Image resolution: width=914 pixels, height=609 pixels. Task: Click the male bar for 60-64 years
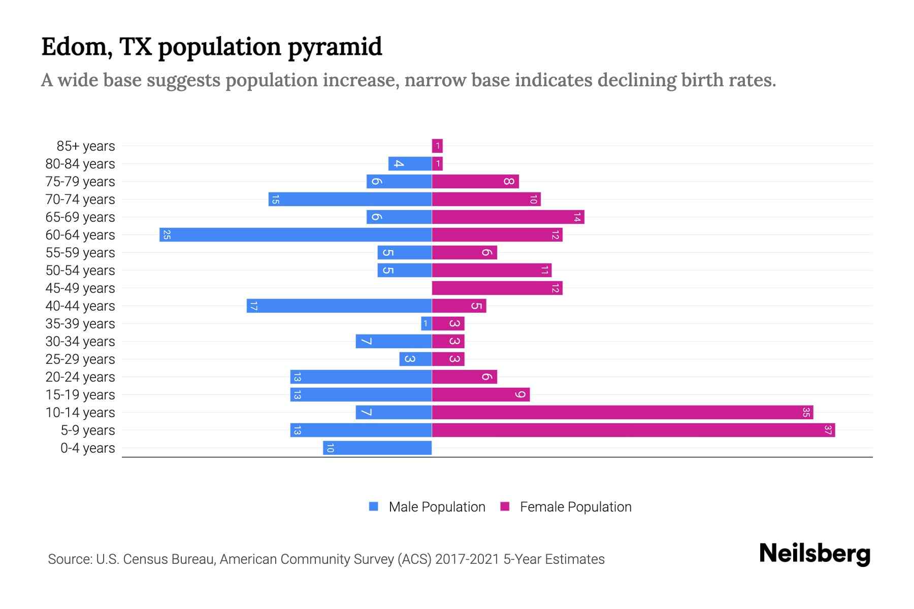coord(296,235)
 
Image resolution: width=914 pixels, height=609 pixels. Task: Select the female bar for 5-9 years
coord(633,430)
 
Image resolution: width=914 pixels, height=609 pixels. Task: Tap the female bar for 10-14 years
coord(623,413)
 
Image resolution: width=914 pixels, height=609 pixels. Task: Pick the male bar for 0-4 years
coord(377,448)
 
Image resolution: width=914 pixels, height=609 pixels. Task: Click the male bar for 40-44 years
coord(339,306)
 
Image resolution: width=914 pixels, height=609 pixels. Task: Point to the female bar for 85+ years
coord(437,146)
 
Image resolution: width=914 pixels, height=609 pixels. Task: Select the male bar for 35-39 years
coord(426,324)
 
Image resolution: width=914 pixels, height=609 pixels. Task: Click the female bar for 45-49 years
coord(497,288)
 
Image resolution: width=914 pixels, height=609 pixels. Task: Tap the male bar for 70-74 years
coord(350,199)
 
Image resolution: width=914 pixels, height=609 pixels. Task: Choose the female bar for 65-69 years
coord(508,217)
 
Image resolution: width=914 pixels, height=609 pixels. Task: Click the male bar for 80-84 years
coord(410,164)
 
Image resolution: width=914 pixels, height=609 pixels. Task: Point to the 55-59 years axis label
coord(80,253)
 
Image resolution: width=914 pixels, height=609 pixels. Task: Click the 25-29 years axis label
coord(80,359)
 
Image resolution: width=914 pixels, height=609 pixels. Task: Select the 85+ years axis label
coord(86,146)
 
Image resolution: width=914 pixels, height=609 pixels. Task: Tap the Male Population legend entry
coord(437,507)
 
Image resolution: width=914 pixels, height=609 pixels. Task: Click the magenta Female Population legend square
coord(505,506)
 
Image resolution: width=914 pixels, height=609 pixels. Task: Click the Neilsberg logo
coord(814,554)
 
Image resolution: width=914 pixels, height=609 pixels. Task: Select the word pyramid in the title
coord(335,47)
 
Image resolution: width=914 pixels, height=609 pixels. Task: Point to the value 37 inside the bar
coord(828,430)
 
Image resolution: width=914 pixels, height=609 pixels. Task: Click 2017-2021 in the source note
coord(467,559)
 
